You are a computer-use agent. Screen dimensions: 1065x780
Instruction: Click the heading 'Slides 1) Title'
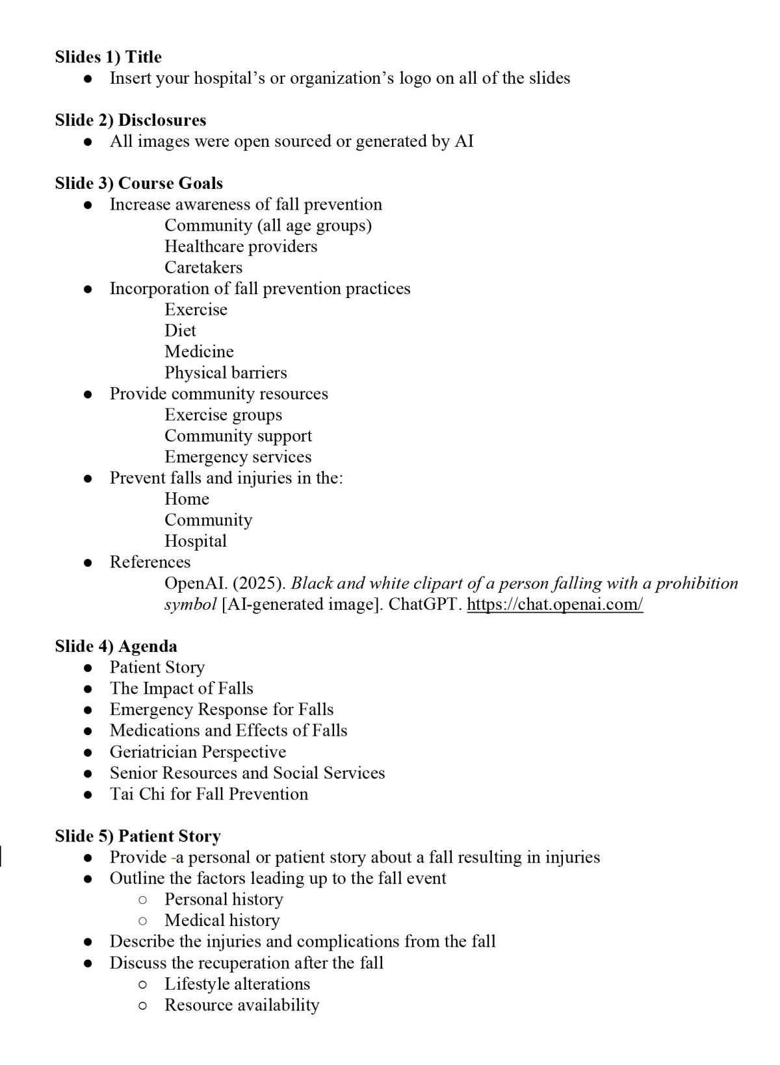pos(108,57)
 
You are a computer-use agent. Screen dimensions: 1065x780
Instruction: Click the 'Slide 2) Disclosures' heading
pos(130,120)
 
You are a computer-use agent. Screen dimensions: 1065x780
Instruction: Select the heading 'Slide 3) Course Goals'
pos(138,183)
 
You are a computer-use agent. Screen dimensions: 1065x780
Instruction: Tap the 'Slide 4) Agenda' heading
pos(116,646)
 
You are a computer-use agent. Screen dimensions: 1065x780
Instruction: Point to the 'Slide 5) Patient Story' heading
pos(138,836)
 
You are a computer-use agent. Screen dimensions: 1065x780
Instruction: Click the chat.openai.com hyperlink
pos(555,605)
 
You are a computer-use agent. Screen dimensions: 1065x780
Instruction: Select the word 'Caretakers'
pos(203,268)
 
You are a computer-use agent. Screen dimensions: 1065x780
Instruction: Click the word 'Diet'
pos(180,331)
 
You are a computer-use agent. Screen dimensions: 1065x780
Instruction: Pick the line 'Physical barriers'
pos(226,373)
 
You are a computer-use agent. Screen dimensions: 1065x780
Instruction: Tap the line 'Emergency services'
pos(238,457)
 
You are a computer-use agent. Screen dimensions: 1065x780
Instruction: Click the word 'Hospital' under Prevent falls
pos(196,541)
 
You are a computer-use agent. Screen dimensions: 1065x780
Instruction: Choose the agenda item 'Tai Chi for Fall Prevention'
pos(209,794)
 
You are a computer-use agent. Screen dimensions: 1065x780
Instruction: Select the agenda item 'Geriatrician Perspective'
pos(198,752)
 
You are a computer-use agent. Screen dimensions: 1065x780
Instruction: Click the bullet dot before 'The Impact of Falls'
pos(88,689)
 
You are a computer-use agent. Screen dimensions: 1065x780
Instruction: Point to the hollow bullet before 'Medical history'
pos(143,921)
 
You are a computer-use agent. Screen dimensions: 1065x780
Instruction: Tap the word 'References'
pos(150,562)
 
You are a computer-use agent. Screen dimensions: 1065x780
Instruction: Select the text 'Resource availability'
pos(242,1005)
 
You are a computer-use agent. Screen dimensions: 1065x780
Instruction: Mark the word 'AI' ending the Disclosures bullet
pos(464,142)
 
